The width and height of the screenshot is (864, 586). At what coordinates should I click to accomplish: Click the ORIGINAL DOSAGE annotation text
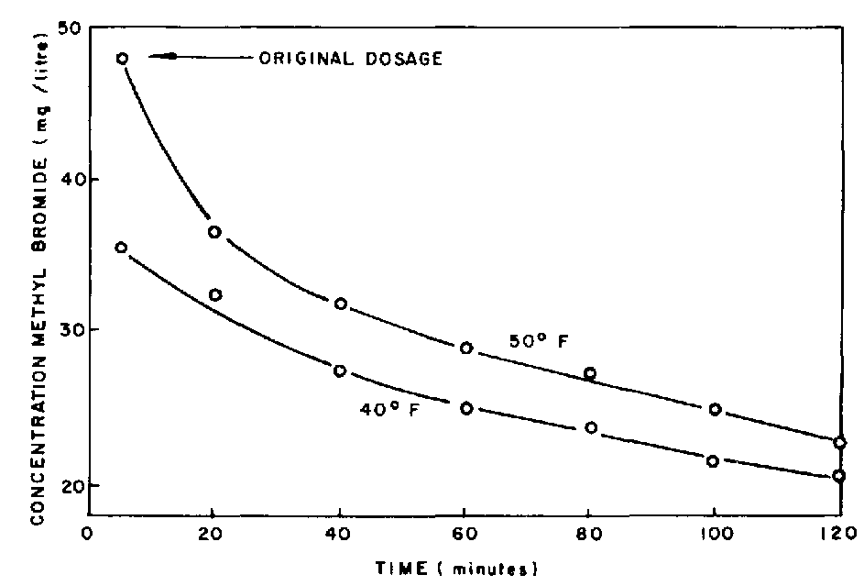click(351, 60)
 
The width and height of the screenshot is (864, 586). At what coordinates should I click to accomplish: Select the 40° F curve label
click(388, 409)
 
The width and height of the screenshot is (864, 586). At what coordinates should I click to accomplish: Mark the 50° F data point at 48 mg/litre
click(122, 58)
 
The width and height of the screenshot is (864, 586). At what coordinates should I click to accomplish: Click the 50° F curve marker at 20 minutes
click(214, 232)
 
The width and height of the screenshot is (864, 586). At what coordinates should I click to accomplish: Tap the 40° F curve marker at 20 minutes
click(215, 294)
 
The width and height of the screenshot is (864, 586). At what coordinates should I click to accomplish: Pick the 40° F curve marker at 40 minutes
click(340, 370)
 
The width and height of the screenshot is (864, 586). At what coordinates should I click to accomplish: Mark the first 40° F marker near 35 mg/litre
click(121, 248)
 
